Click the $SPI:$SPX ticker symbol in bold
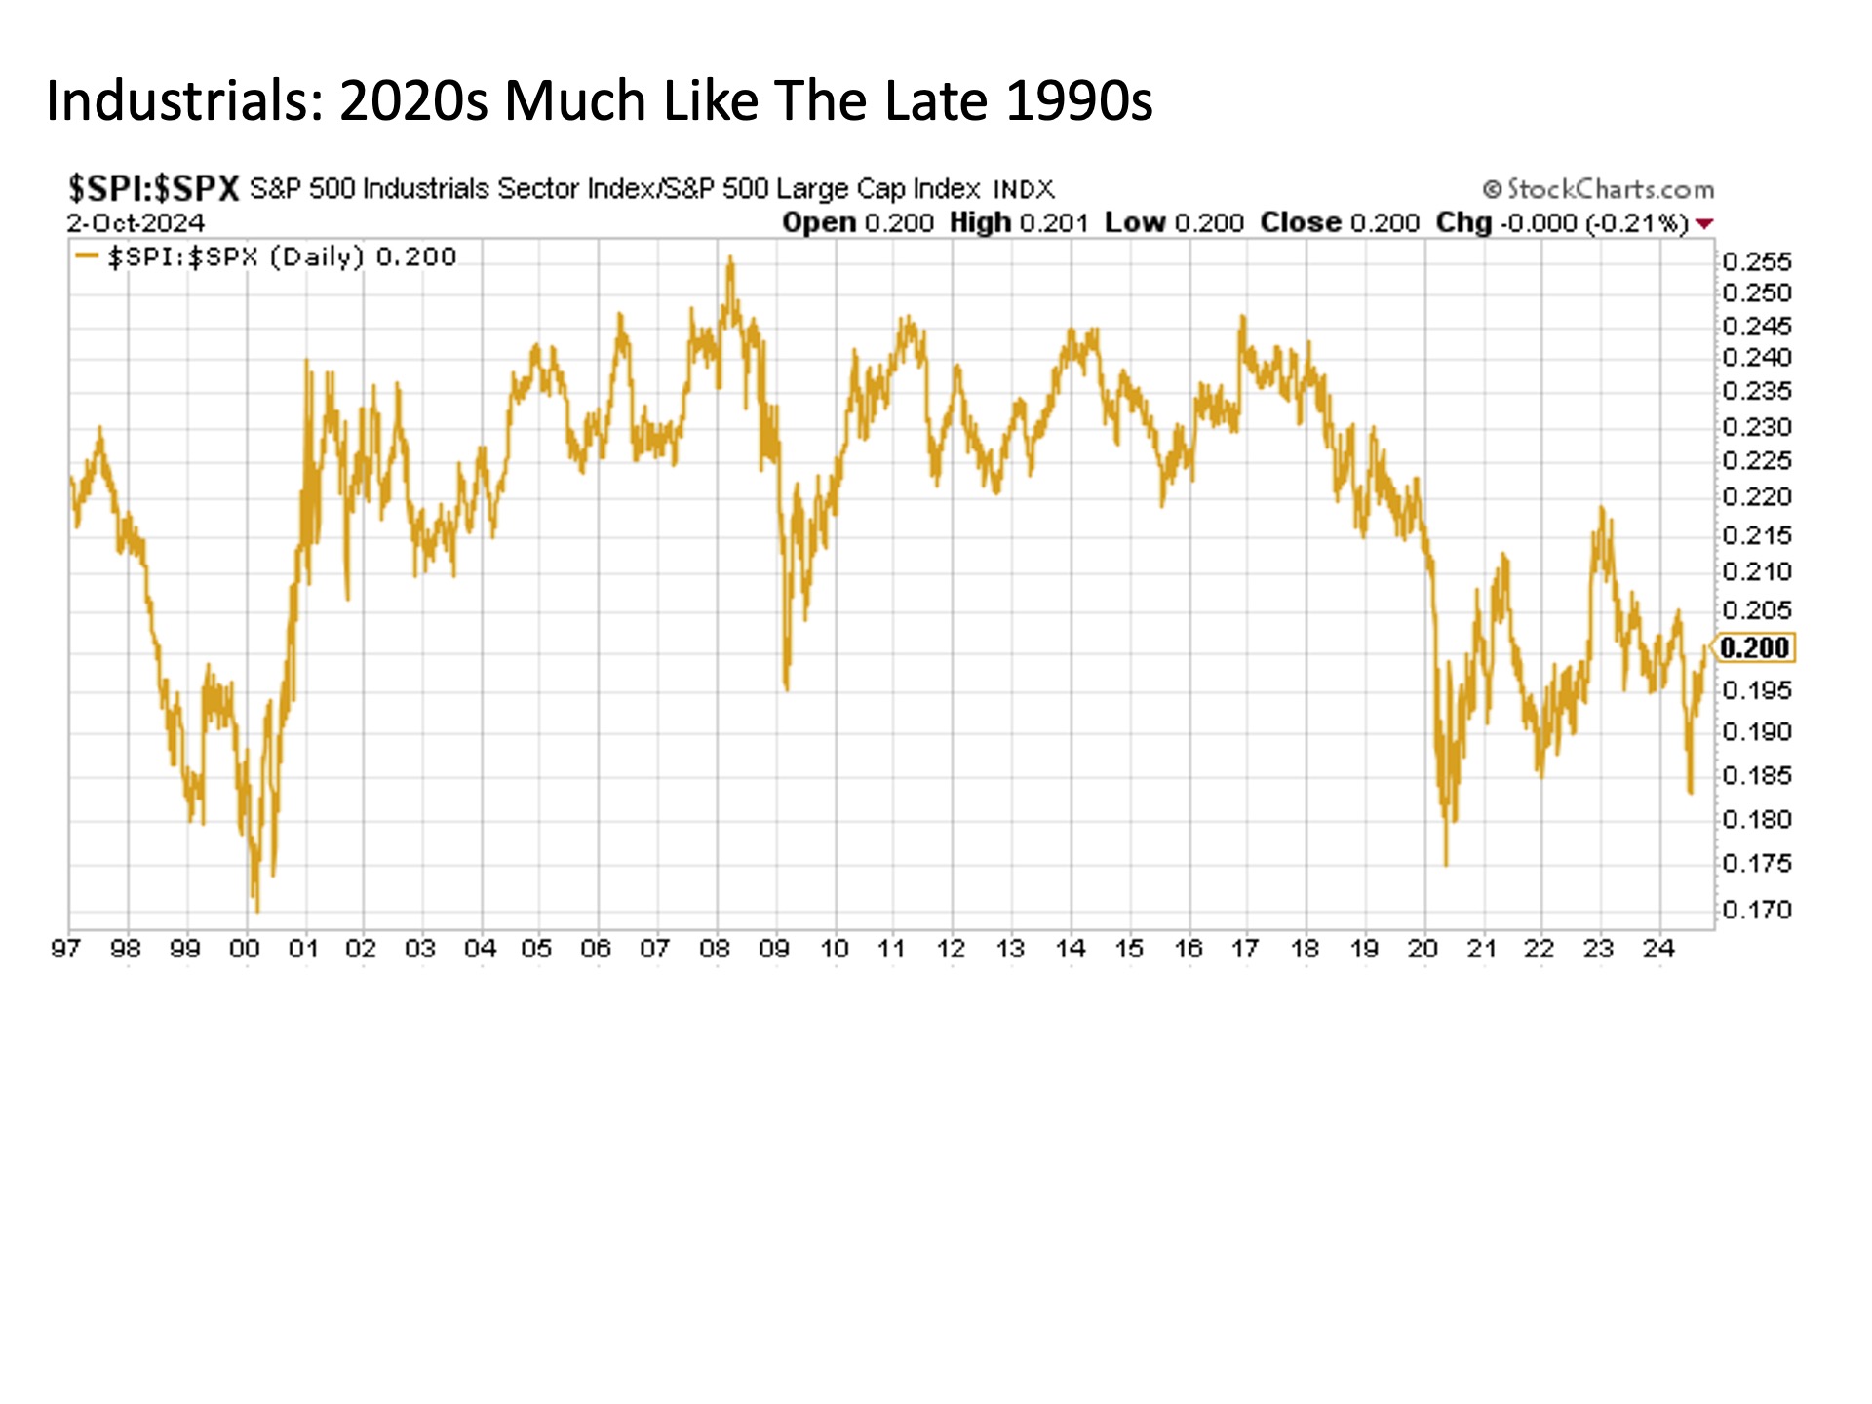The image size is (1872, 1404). tap(153, 187)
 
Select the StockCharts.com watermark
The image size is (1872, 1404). tap(1598, 188)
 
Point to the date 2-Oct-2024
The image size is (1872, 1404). tap(136, 222)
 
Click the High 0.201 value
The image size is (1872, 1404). tap(1018, 222)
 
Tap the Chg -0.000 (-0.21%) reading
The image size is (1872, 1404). tap(1561, 222)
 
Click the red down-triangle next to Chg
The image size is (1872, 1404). tap(1704, 223)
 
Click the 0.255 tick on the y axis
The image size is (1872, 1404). tap(1756, 261)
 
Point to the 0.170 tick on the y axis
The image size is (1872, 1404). tap(1756, 910)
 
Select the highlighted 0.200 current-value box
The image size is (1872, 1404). tap(1754, 647)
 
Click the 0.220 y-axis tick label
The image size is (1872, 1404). tap(1756, 497)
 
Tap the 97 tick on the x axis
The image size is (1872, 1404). tap(65, 949)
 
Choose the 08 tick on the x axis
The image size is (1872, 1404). tap(715, 949)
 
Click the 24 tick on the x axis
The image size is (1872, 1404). tap(1658, 949)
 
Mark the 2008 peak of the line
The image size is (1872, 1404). tap(730, 258)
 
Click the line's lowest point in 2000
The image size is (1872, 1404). tap(257, 911)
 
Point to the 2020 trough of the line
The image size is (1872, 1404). tap(1446, 863)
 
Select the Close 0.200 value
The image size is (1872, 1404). tap(1339, 222)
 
